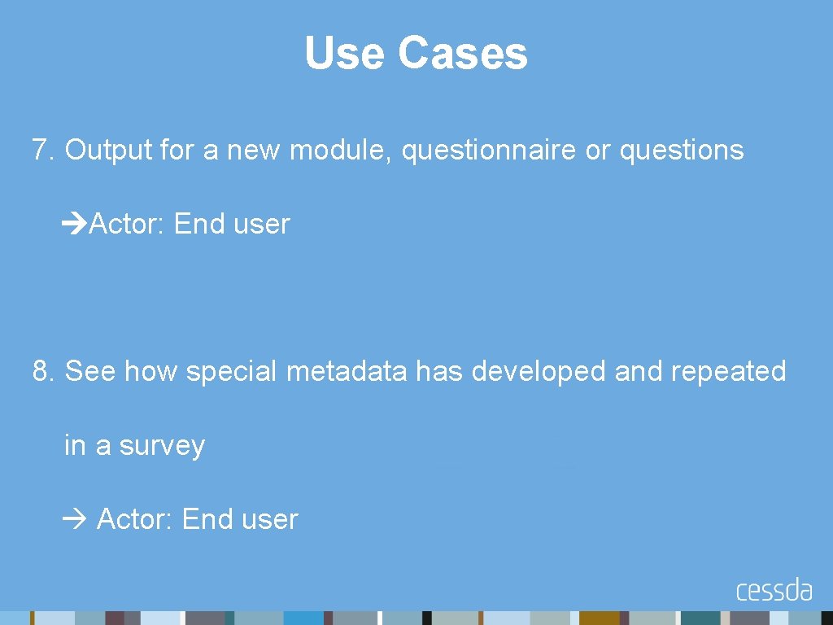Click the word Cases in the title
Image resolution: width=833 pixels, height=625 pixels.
(463, 54)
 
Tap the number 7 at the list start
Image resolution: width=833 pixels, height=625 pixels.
(41, 151)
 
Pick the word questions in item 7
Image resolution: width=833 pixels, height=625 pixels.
(681, 151)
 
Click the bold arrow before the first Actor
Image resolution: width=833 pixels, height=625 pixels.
(75, 224)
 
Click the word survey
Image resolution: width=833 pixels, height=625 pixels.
(162, 446)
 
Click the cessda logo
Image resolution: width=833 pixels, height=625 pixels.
(774, 589)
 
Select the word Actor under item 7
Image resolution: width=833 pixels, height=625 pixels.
(127, 224)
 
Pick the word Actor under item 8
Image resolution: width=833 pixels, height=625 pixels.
(135, 519)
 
